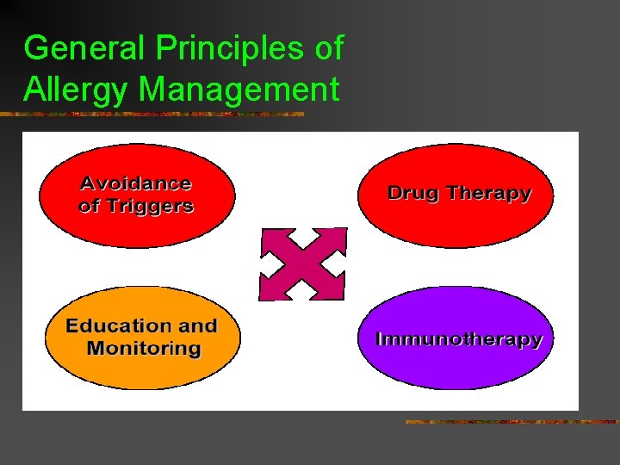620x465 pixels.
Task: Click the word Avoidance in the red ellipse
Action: (136, 183)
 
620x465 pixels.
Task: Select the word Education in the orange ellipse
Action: (118, 325)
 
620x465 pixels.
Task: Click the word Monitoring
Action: (143, 349)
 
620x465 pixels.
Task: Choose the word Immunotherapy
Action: (460, 338)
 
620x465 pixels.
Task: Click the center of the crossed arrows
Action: (303, 264)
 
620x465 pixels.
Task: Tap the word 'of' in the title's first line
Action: (328, 48)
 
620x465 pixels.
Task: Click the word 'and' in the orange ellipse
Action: (197, 325)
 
